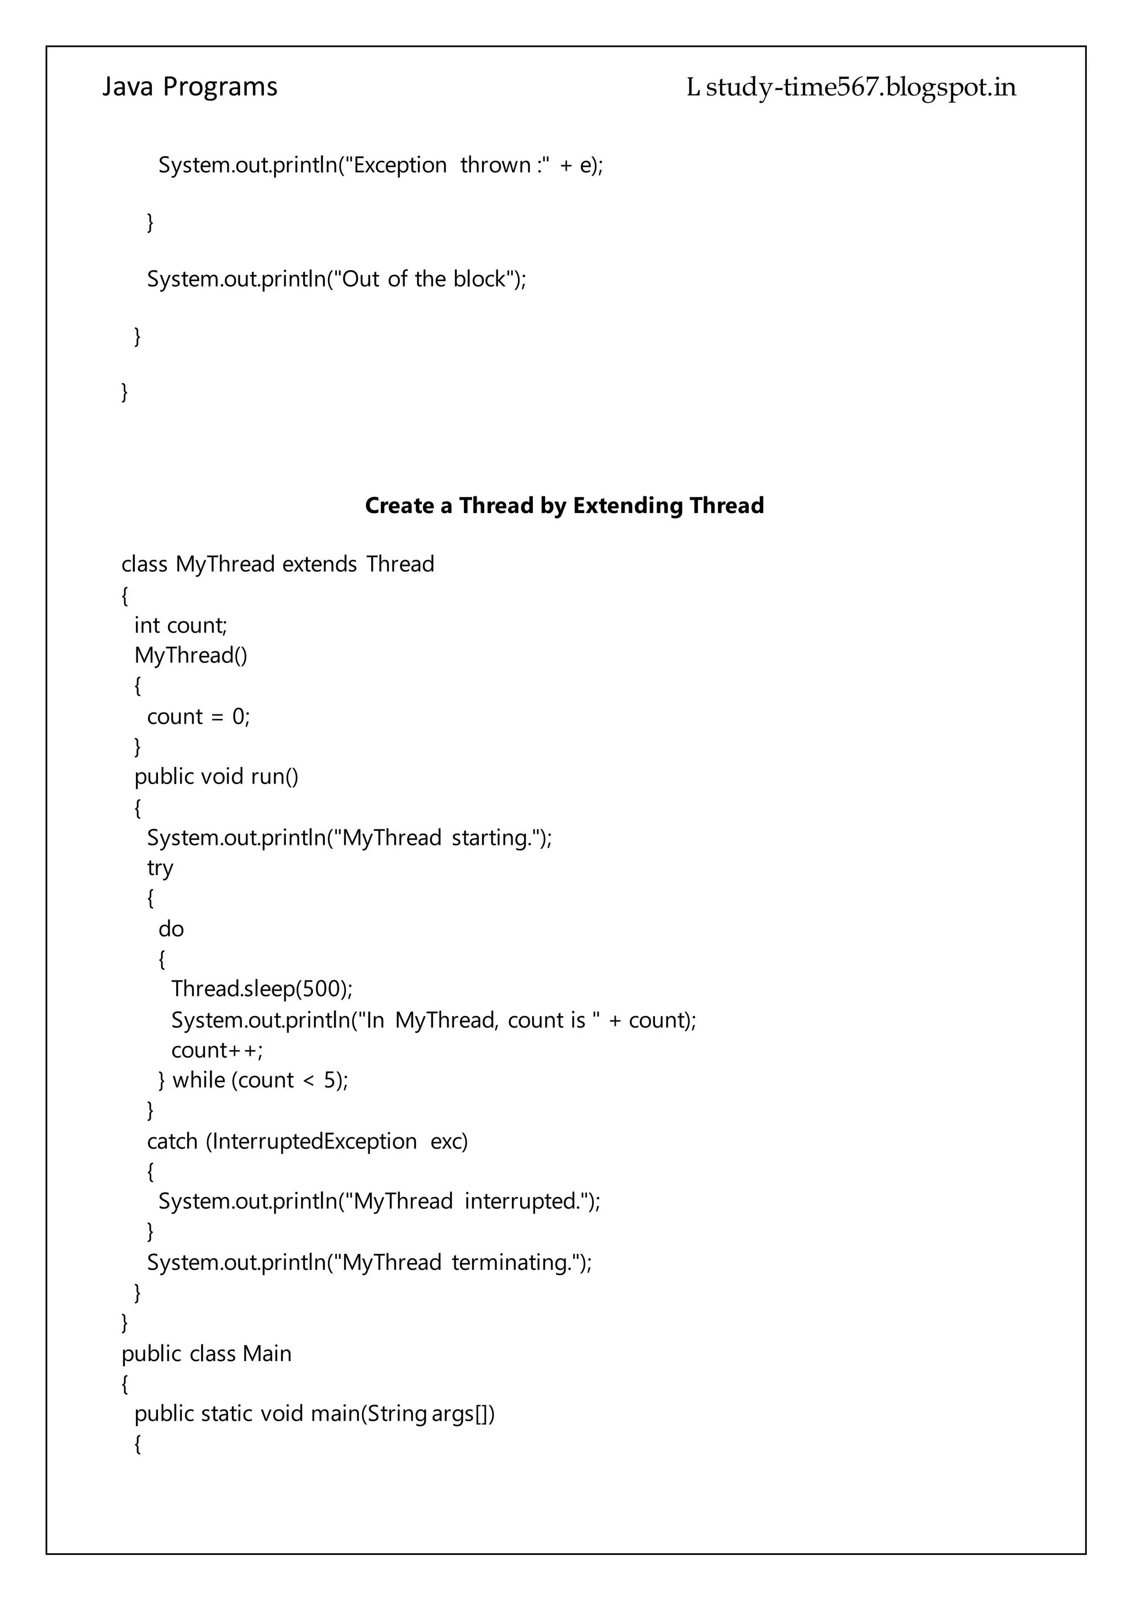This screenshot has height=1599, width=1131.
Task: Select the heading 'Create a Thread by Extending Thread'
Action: [x=564, y=506]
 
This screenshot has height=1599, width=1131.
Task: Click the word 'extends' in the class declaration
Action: [x=320, y=564]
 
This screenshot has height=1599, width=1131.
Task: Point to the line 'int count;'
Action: [x=181, y=626]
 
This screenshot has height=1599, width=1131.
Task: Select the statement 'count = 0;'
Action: [x=198, y=717]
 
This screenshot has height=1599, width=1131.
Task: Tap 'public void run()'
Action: [x=216, y=776]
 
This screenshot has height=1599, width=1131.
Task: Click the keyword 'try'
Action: [x=160, y=868]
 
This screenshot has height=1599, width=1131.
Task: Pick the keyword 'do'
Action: [x=171, y=929]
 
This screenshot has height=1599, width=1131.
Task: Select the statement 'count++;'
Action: [x=217, y=1050]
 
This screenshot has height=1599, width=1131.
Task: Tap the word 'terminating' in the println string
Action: [x=511, y=1263]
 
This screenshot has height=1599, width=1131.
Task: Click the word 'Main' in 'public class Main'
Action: [x=267, y=1354]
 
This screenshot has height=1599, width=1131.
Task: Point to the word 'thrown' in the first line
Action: [x=495, y=165]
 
